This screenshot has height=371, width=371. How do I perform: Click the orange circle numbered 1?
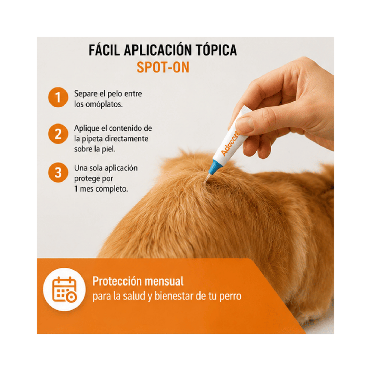[58, 97]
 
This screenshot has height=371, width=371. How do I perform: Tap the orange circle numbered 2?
[58, 134]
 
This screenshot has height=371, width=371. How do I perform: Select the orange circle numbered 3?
[58, 172]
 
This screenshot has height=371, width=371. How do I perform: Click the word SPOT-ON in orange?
[163, 67]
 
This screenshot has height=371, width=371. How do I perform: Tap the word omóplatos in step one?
[104, 104]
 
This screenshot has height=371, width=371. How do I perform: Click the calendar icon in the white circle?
[64, 290]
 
